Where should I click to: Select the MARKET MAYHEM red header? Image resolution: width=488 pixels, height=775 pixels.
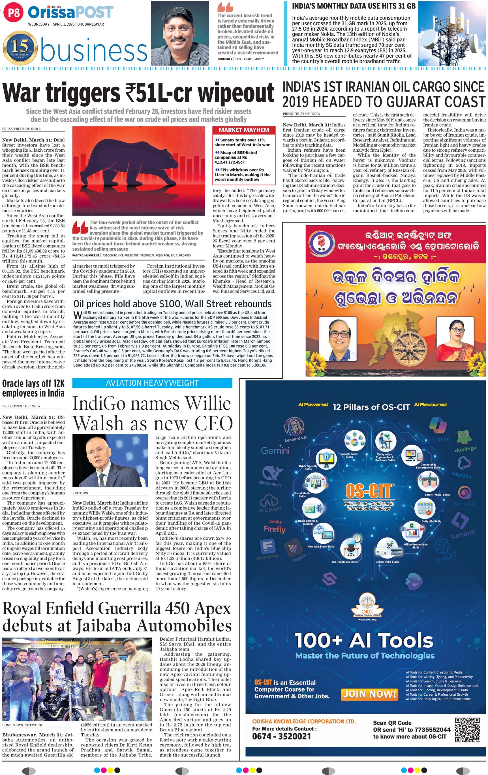click(x=244, y=130)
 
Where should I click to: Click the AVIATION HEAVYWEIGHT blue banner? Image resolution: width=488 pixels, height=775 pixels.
click(x=152, y=383)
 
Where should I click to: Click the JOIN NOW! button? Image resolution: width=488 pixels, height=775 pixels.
click(x=370, y=694)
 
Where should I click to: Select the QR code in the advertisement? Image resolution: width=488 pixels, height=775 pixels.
click(x=467, y=730)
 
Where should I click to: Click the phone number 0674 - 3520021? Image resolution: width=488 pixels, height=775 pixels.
click(x=281, y=737)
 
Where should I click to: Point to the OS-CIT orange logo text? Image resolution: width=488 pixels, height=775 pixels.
click(x=369, y=491)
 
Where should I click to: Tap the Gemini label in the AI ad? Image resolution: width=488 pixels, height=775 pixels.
click(x=275, y=450)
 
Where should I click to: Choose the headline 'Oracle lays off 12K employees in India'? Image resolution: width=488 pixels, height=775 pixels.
click(x=33, y=388)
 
